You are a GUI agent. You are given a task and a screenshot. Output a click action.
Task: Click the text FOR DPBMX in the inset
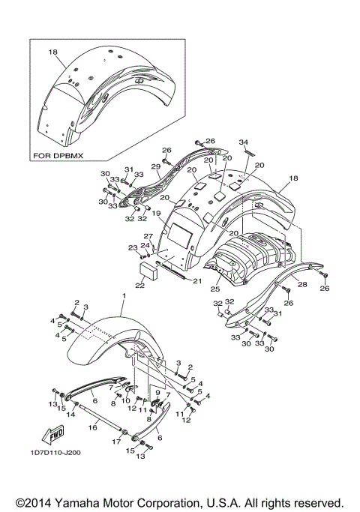(x=59, y=156)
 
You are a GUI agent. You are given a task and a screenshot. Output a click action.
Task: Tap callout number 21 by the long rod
(x=197, y=281)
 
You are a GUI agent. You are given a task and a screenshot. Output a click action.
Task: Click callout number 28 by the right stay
(x=302, y=284)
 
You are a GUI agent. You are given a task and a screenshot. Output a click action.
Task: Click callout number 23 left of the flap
(x=133, y=247)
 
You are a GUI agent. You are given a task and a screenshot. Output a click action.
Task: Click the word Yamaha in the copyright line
(x=97, y=502)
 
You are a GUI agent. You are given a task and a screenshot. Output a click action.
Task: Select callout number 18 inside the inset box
(x=52, y=52)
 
